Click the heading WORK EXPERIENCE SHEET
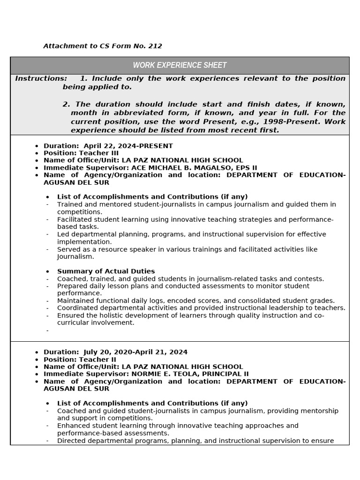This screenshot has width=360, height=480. coord(180,65)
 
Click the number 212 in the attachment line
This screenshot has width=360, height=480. coord(155,46)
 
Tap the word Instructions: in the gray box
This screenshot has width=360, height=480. coord(41,78)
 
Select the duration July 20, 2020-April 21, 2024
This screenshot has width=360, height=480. coord(135,352)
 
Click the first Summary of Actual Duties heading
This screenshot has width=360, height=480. coord(106,271)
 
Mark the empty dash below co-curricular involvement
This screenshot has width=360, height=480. coord(47,330)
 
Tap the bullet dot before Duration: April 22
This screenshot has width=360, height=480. coord(37,146)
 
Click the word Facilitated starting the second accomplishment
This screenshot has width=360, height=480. coord(75,219)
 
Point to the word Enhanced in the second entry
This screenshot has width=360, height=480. coord(73,426)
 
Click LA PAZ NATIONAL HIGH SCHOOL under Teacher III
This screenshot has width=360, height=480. coord(182,160)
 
